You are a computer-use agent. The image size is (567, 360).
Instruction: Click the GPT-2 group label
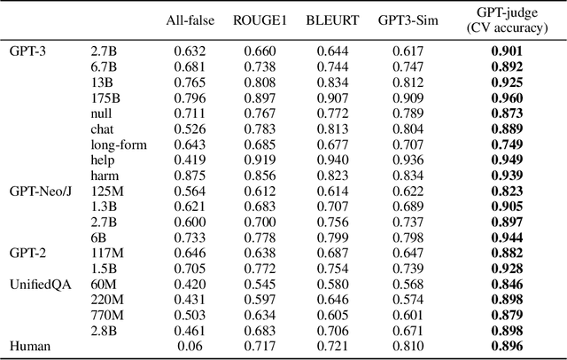tap(27, 253)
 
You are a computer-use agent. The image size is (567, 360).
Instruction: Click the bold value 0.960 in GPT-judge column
tap(508, 98)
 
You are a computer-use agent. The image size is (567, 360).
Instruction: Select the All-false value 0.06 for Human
tap(187, 345)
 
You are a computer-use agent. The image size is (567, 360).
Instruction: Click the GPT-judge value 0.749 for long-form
tap(508, 144)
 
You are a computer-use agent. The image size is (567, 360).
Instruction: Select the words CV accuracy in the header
tap(508, 27)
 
